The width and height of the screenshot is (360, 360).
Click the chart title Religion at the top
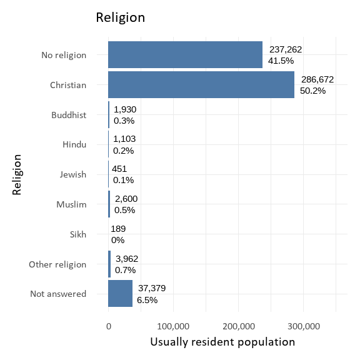pyautogui.click(x=120, y=17)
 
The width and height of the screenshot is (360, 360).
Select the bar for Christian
pyautogui.click(x=201, y=84)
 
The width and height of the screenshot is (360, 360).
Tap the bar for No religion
pyautogui.click(x=185, y=54)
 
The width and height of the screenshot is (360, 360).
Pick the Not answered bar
pyautogui.click(x=120, y=293)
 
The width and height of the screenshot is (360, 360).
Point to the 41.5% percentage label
pyautogui.click(x=281, y=61)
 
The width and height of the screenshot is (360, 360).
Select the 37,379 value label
pyautogui.click(x=152, y=287)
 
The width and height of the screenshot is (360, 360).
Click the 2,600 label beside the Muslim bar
pyautogui.click(x=126, y=199)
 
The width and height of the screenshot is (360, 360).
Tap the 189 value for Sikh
pyautogui.click(x=117, y=229)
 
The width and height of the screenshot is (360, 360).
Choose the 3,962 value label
pyautogui.click(x=127, y=258)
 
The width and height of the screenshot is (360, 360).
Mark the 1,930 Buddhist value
pyautogui.click(x=125, y=109)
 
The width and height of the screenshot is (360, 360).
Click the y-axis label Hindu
pyautogui.click(x=74, y=145)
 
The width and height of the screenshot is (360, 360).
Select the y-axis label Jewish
pyautogui.click(x=73, y=174)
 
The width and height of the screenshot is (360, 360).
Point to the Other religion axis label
pyautogui.click(x=57, y=264)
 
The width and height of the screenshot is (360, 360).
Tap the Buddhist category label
pyautogui.click(x=69, y=115)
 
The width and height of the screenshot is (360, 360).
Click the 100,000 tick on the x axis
pyautogui.click(x=173, y=326)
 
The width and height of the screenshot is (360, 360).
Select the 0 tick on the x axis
pyautogui.click(x=109, y=326)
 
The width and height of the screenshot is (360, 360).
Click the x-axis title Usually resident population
pyautogui.click(x=222, y=342)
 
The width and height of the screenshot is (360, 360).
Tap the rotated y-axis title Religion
pyautogui.click(x=17, y=174)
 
